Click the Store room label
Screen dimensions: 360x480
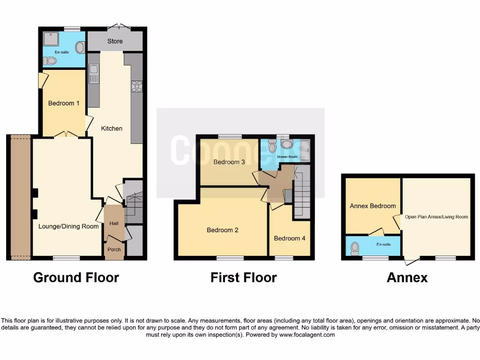pyautogui.click(x=115, y=41)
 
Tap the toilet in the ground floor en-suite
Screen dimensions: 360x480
pyautogui.click(x=50, y=60)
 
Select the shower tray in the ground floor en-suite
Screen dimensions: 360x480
pyautogui.click(x=50, y=38)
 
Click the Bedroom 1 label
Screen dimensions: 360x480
pyautogui.click(x=64, y=103)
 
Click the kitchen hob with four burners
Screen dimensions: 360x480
pyautogui.click(x=137, y=86)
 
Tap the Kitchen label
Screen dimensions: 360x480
pyautogui.click(x=112, y=128)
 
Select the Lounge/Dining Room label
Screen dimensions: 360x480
pyautogui.click(x=68, y=226)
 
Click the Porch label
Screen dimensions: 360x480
pyautogui.click(x=114, y=249)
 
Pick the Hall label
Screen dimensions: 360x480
pyautogui.click(x=114, y=224)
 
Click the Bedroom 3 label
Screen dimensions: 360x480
pyautogui.click(x=229, y=163)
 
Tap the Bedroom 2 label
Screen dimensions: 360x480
pyautogui.click(x=223, y=230)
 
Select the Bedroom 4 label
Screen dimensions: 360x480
pyautogui.click(x=290, y=238)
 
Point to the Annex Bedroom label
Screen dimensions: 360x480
pyautogui.click(x=373, y=206)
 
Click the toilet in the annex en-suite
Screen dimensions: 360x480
pyautogui.click(x=355, y=247)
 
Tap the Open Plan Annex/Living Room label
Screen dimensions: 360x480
pyautogui.click(x=436, y=217)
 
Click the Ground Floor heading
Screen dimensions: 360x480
pyautogui.click(x=76, y=277)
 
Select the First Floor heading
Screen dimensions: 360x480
pyautogui.click(x=243, y=277)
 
